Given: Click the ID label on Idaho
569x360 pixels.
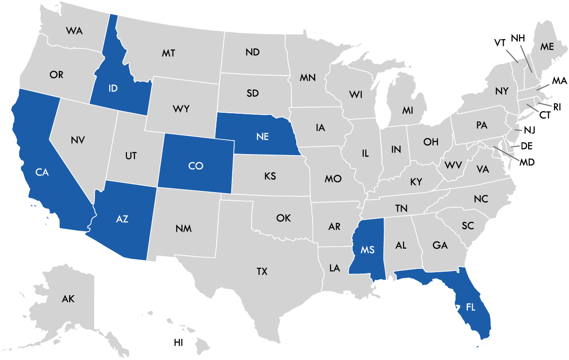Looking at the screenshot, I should tap(112, 88).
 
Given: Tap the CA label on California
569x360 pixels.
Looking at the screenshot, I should tap(42, 172).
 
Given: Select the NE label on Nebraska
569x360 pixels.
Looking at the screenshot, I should tap(262, 137).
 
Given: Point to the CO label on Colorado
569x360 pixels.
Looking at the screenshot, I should tap(195, 166).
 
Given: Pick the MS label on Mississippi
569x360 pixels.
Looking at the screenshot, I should tap(368, 250).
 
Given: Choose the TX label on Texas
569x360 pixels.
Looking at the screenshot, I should tap(262, 271).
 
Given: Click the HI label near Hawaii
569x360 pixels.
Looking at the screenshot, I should tap(178, 343).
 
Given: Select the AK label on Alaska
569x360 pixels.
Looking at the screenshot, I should tap(68, 298).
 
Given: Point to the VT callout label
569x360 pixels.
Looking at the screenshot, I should tap(500, 43).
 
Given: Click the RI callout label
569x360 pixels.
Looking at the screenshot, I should tap(557, 107).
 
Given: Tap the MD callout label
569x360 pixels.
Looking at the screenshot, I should tap(527, 162).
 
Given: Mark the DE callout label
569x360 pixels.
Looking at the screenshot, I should tap(526, 146).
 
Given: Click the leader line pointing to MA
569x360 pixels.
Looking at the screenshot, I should tap(544, 86).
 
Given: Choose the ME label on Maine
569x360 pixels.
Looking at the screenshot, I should tap(547, 47).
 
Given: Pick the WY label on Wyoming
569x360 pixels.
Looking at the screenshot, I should tap(181, 109).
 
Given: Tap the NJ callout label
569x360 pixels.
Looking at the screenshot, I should tap(529, 130).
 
